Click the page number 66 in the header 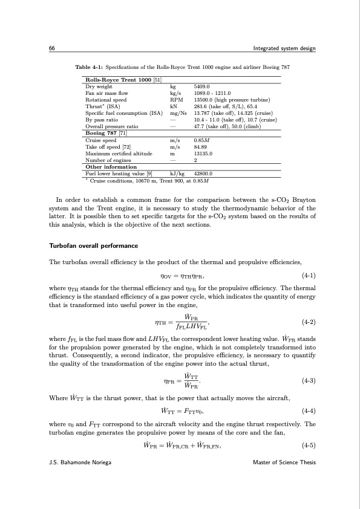point(53,48)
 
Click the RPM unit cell point(176,100)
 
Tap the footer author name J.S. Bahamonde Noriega point(80,462)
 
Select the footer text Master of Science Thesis point(284,462)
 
